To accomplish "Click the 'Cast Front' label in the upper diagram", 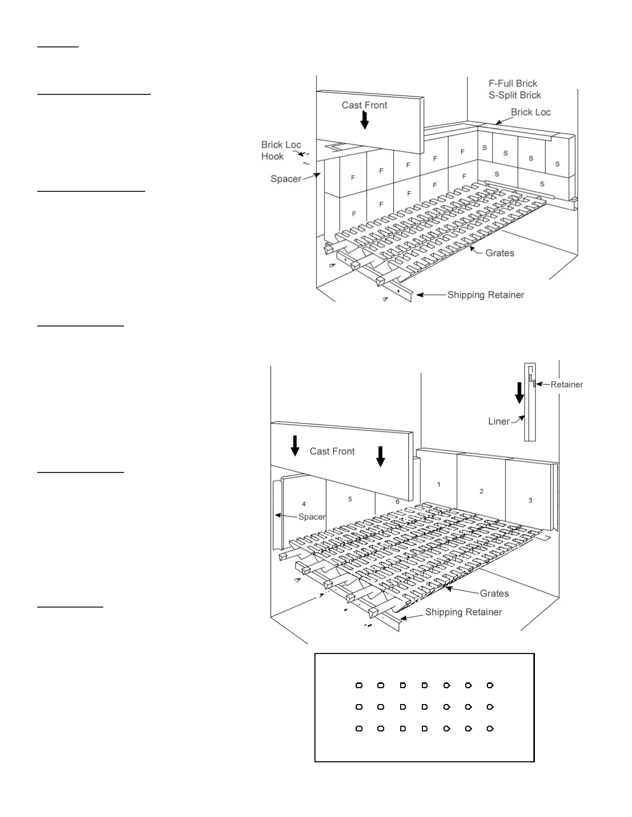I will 364,105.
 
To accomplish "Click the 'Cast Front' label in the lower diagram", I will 332,451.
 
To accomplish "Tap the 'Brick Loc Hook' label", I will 280,151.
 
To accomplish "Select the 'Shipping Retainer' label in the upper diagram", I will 485,295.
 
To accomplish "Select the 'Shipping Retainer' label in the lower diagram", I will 463,612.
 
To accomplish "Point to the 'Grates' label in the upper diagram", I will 499,253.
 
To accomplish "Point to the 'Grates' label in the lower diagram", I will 494,594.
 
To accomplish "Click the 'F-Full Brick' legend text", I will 513,84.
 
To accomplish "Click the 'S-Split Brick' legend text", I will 515,95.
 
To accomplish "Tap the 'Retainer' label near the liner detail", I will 566,384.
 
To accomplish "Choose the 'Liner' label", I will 499,421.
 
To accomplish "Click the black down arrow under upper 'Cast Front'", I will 365,120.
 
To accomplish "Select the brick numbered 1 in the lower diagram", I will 438,484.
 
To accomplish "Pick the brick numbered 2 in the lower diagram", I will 481,492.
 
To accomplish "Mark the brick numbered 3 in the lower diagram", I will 530,500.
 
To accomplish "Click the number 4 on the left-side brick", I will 304,504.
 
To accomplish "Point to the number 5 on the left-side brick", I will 350,499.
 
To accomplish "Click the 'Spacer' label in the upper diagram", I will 286,179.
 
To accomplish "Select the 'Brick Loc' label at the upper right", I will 530,112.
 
